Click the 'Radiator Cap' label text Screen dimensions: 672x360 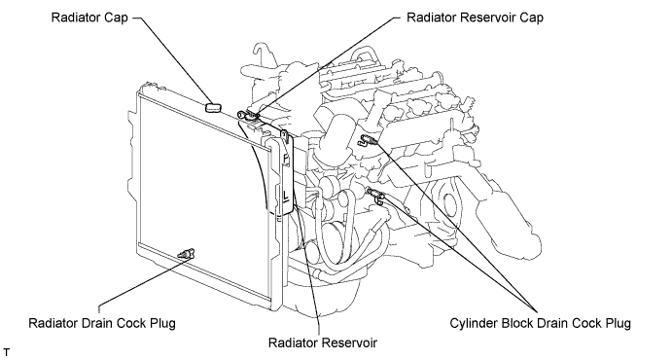89,18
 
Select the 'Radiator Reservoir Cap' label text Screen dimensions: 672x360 475,18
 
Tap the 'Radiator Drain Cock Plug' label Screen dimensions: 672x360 102,323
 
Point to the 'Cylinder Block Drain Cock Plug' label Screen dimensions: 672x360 540,323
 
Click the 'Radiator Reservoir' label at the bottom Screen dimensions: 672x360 323,342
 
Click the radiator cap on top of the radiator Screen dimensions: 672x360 213,107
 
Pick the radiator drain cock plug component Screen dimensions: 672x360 187,253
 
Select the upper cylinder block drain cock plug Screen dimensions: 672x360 368,139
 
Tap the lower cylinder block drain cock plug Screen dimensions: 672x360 375,194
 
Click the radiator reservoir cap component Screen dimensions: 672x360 249,115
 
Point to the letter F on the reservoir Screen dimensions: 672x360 286,159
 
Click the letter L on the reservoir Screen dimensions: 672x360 286,197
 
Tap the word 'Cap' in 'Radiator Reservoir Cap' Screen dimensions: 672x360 531,18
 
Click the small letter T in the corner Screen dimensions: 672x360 6,353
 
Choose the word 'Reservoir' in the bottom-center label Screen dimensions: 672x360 350,342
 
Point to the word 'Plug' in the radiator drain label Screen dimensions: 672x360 163,324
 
